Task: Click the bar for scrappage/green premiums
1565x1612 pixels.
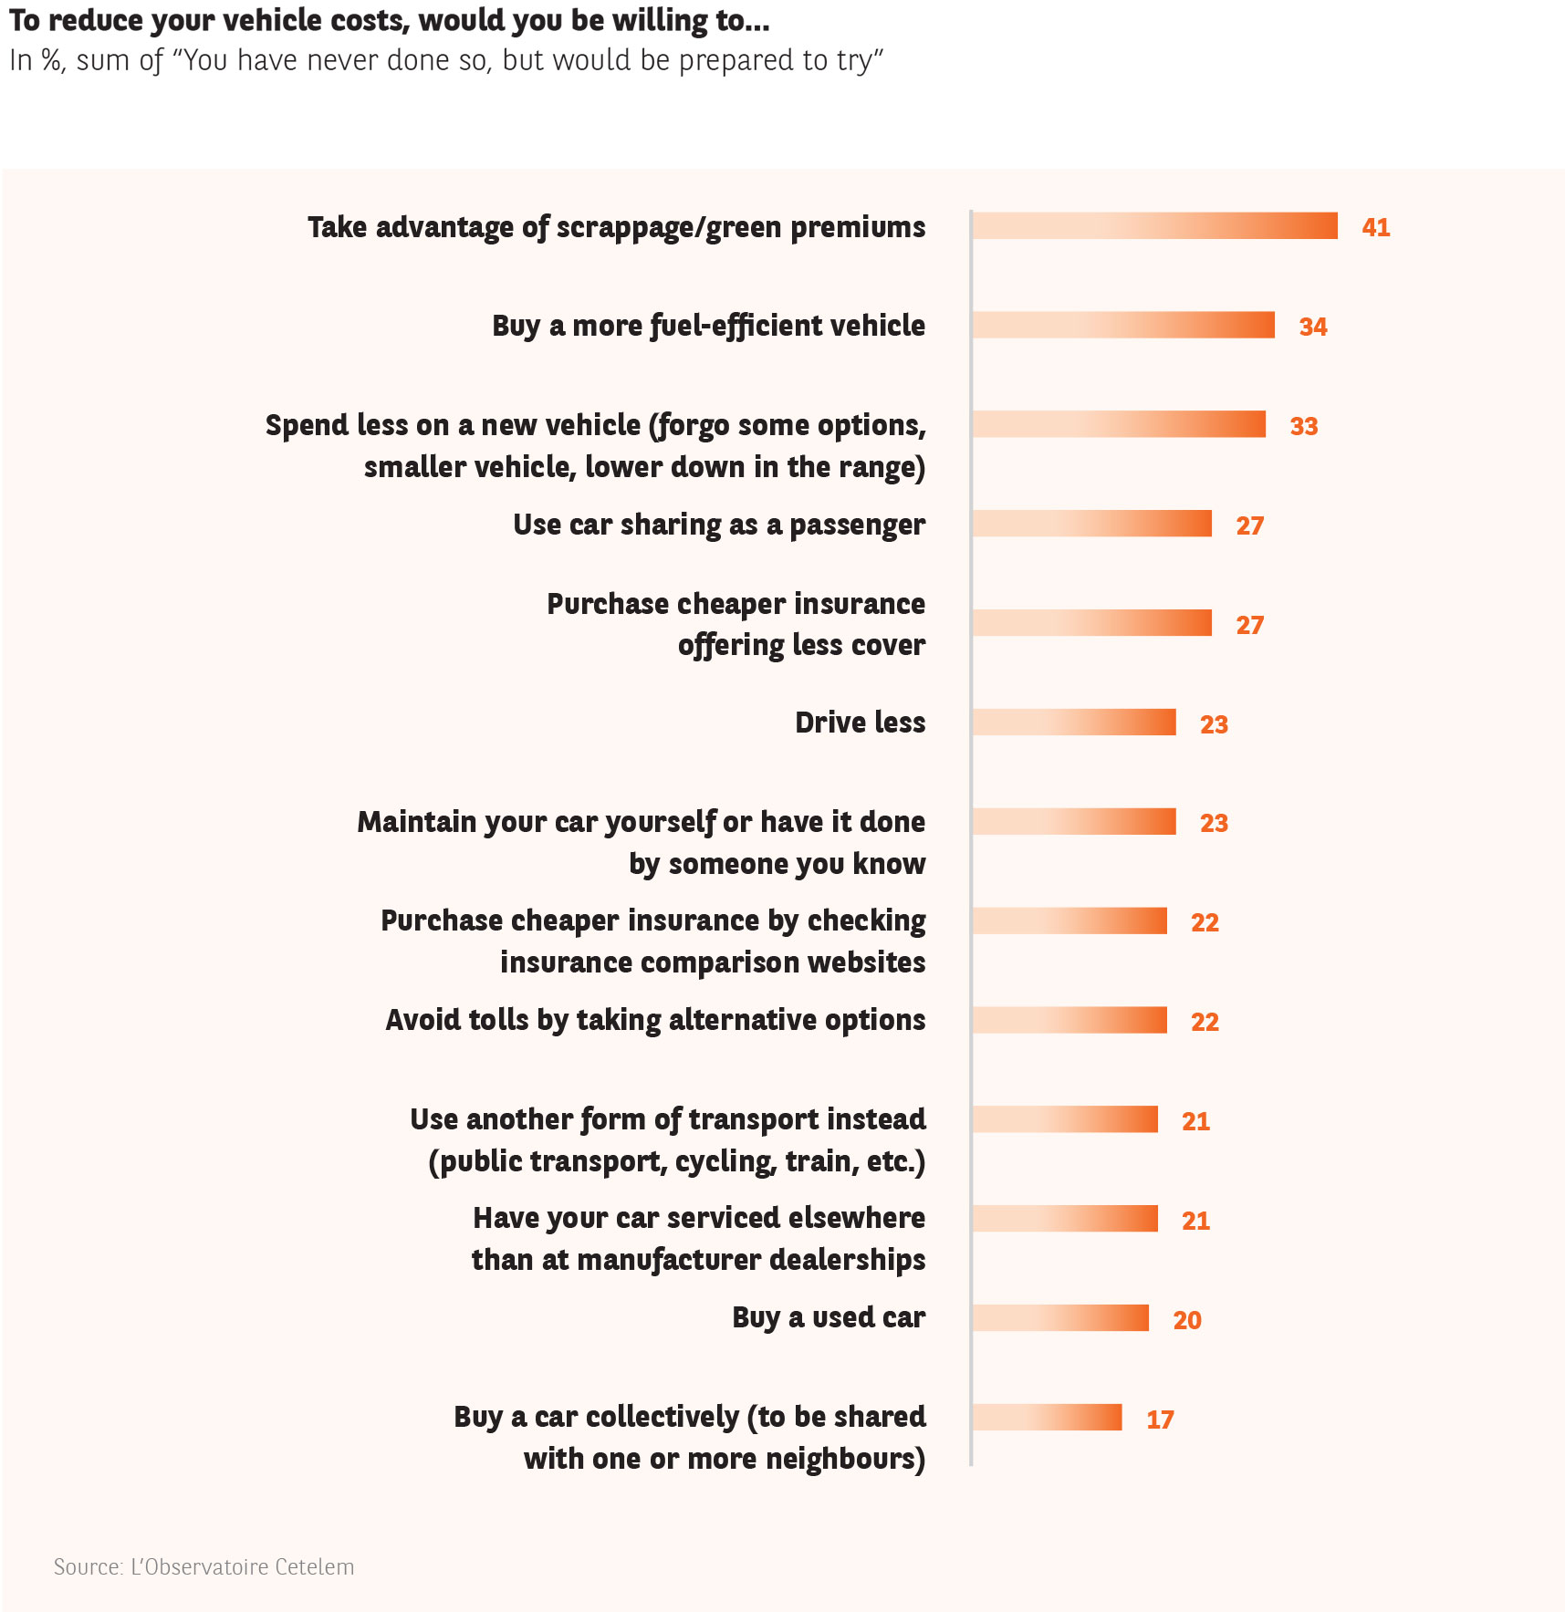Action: pyautogui.click(x=1154, y=226)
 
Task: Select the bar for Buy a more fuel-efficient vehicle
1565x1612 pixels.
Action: pyautogui.click(x=1123, y=326)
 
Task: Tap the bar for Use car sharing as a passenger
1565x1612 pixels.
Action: pyautogui.click(x=1091, y=524)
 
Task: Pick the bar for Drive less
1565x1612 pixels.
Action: pyautogui.click(x=1074, y=723)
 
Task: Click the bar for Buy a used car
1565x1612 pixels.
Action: pyautogui.click(x=1060, y=1318)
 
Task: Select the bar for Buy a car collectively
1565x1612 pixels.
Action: pyautogui.click(x=1047, y=1418)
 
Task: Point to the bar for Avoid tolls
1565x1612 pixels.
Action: pyautogui.click(x=1069, y=1021)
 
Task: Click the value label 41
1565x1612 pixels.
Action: pyautogui.click(x=1375, y=227)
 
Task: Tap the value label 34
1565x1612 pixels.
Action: pyautogui.click(x=1313, y=327)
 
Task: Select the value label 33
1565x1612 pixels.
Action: pyautogui.click(x=1304, y=426)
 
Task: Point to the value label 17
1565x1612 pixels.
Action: pyautogui.click(x=1160, y=1420)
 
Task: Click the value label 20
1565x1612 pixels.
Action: pyautogui.click(x=1187, y=1320)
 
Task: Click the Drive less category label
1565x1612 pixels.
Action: pyautogui.click(x=860, y=723)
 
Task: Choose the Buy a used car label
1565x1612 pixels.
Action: pyautogui.click(x=829, y=1318)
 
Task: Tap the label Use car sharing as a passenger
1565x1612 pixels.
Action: pyautogui.click(x=719, y=525)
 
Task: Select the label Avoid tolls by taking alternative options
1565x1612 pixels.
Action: pyautogui.click(x=655, y=1020)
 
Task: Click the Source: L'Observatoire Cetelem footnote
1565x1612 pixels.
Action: pyautogui.click(x=203, y=1567)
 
